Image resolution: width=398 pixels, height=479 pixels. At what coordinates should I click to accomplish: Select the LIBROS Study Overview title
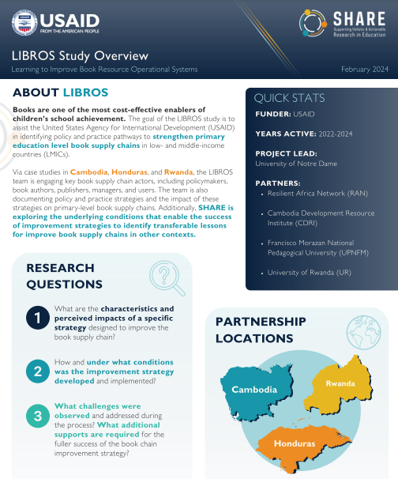pyautogui.click(x=80, y=55)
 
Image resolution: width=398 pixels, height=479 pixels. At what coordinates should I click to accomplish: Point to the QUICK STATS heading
pyautogui.click(x=290, y=99)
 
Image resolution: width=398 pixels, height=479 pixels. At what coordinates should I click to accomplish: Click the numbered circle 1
pyautogui.click(x=36, y=318)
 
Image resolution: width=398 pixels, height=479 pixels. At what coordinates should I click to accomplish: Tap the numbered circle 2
pyautogui.click(x=36, y=370)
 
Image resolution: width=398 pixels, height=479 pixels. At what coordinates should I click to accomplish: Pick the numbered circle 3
pyautogui.click(x=36, y=417)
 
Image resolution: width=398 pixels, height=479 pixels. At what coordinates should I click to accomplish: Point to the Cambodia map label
pyautogui.click(x=253, y=390)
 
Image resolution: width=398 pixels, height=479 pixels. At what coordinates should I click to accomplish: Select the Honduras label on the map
pyautogui.click(x=295, y=443)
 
